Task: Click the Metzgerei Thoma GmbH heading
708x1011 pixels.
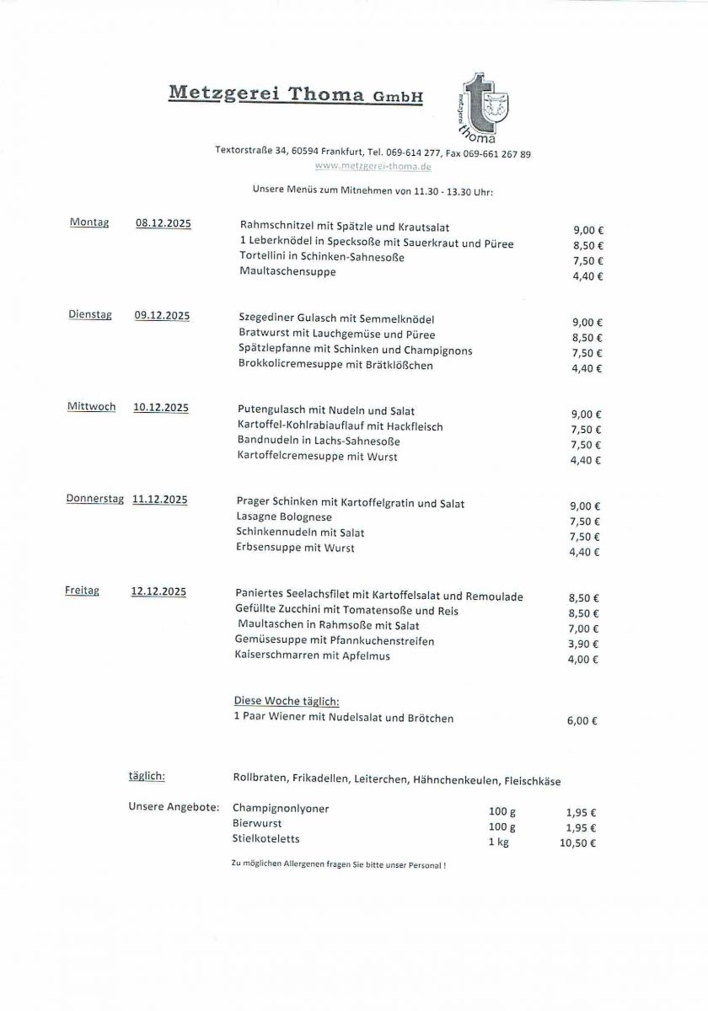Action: [295, 94]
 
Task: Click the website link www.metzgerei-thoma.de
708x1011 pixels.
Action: [373, 166]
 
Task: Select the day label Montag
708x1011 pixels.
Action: [89, 222]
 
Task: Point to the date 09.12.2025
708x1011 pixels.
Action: [162, 315]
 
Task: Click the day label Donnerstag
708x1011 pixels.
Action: [95, 499]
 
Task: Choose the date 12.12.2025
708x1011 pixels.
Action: [158, 591]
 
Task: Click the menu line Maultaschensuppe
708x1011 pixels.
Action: [287, 272]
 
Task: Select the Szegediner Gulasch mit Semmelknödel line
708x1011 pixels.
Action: [337, 319]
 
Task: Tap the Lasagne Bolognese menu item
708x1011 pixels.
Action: [284, 517]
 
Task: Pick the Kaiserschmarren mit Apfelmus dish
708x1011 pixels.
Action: [313, 656]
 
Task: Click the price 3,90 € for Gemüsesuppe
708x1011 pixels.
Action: [583, 644]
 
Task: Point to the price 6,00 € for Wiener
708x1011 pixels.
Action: [582, 720]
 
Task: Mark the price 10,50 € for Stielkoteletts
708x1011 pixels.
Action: [577, 842]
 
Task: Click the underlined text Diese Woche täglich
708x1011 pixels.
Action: [286, 701]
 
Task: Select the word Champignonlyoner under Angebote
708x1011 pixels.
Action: [281, 809]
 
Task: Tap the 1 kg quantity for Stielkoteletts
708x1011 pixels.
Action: [498, 842]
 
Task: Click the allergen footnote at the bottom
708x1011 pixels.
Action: [338, 865]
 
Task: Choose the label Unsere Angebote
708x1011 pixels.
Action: [174, 806]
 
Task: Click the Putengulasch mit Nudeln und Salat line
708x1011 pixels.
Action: [326, 411]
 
